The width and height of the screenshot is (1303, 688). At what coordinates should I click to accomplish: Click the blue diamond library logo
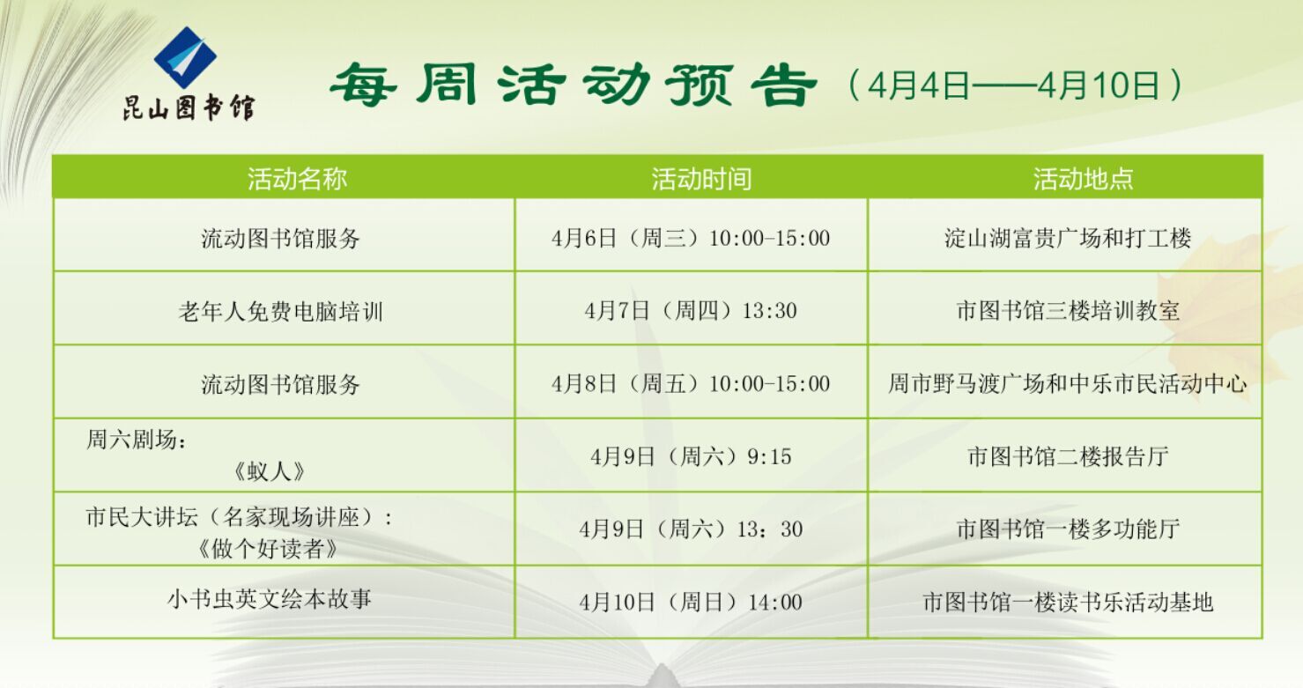click(x=185, y=56)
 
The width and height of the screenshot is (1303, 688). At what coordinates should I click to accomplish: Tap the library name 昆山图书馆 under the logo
click(x=189, y=107)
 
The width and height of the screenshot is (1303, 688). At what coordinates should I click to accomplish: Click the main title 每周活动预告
click(x=573, y=85)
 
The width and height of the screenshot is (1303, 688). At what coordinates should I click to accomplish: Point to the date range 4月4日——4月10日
click(x=1015, y=85)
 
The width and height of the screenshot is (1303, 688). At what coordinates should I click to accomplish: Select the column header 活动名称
click(x=297, y=179)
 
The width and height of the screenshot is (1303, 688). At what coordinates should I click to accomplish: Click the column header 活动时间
click(x=701, y=179)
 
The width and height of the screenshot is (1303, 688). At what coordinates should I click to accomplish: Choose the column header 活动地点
click(x=1083, y=179)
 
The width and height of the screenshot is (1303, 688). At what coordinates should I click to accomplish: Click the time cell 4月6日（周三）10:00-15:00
click(x=691, y=238)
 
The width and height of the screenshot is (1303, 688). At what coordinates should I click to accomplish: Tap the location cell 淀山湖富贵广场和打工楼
click(x=1068, y=238)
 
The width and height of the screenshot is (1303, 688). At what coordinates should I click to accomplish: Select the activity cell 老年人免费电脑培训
click(x=281, y=311)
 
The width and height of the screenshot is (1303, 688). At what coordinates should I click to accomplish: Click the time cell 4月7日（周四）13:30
click(x=691, y=311)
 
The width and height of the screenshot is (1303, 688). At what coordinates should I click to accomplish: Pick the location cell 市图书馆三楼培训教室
click(x=1068, y=311)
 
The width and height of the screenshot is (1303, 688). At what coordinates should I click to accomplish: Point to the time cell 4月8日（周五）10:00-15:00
click(x=691, y=383)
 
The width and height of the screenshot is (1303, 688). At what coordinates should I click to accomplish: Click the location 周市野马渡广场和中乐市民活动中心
click(x=1068, y=383)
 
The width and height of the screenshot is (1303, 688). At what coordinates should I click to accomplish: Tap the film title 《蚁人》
click(x=269, y=471)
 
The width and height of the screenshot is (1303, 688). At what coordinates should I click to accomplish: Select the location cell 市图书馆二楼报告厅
click(x=1068, y=456)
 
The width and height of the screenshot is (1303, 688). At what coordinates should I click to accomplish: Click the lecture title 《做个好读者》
click(x=268, y=549)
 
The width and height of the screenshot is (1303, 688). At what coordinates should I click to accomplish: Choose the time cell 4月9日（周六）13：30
click(x=691, y=529)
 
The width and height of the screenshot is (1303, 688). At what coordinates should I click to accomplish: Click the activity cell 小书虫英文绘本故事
click(x=270, y=598)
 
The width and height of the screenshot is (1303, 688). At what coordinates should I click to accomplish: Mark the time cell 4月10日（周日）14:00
click(x=691, y=602)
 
